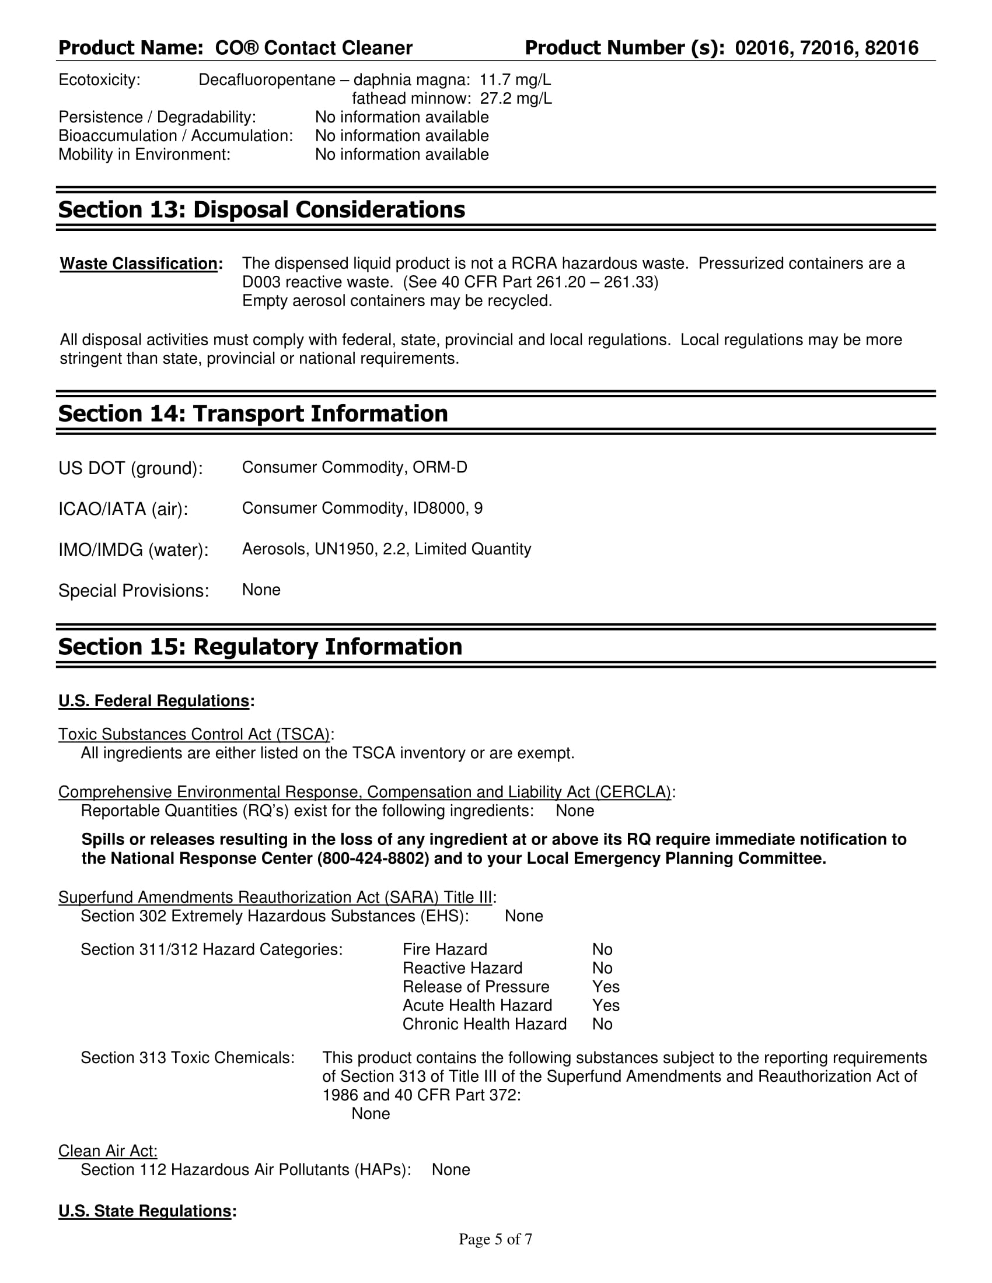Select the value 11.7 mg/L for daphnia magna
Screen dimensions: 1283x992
[515, 80]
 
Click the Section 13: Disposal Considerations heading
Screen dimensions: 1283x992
[261, 210]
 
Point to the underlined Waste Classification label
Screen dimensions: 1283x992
[139, 264]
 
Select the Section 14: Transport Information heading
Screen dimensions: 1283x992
[253, 413]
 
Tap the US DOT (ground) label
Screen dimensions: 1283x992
[131, 468]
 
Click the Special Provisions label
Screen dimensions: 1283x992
[134, 590]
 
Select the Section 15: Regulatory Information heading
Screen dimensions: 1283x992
[260, 647]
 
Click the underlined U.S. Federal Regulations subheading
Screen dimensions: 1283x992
[154, 701]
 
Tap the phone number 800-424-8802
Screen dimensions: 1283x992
[373, 859]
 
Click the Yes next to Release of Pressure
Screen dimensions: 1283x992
[606, 987]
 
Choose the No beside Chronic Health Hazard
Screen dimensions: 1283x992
[602, 1024]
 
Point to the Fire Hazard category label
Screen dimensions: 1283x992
[445, 949]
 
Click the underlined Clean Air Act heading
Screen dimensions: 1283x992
[107, 1151]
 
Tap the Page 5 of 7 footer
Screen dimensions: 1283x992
[495, 1239]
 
